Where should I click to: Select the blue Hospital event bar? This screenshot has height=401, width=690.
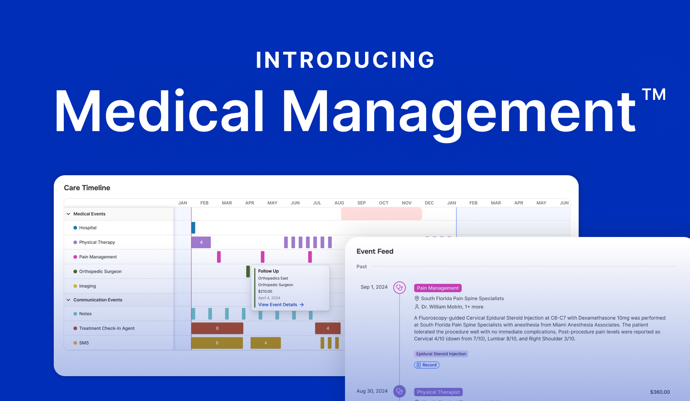(x=193, y=228)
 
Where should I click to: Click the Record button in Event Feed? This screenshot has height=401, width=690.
(x=426, y=365)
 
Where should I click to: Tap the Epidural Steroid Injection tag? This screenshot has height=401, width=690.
(x=441, y=354)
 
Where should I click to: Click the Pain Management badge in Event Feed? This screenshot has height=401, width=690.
(x=438, y=288)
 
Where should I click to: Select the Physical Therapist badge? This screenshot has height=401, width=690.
(x=438, y=392)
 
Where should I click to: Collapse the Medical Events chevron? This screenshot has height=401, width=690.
(x=69, y=214)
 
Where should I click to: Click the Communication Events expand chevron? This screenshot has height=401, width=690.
(x=69, y=300)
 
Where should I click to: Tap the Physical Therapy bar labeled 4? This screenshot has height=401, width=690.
(x=201, y=242)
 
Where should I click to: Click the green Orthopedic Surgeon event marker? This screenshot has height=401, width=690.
(x=248, y=271)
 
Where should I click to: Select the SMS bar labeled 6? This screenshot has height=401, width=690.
(x=217, y=343)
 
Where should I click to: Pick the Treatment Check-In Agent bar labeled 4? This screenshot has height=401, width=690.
(x=328, y=328)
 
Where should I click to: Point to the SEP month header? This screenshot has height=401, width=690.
(x=361, y=203)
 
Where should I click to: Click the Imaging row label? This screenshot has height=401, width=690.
(x=87, y=286)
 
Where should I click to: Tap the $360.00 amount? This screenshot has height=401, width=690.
(x=660, y=392)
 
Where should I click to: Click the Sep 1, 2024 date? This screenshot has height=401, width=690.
(x=374, y=287)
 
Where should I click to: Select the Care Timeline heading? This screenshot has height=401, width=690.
(x=87, y=188)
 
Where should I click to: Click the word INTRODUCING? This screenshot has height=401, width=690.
(x=345, y=60)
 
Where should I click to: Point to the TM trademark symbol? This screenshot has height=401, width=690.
(x=653, y=95)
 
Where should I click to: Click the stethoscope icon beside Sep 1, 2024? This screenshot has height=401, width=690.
(x=400, y=288)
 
